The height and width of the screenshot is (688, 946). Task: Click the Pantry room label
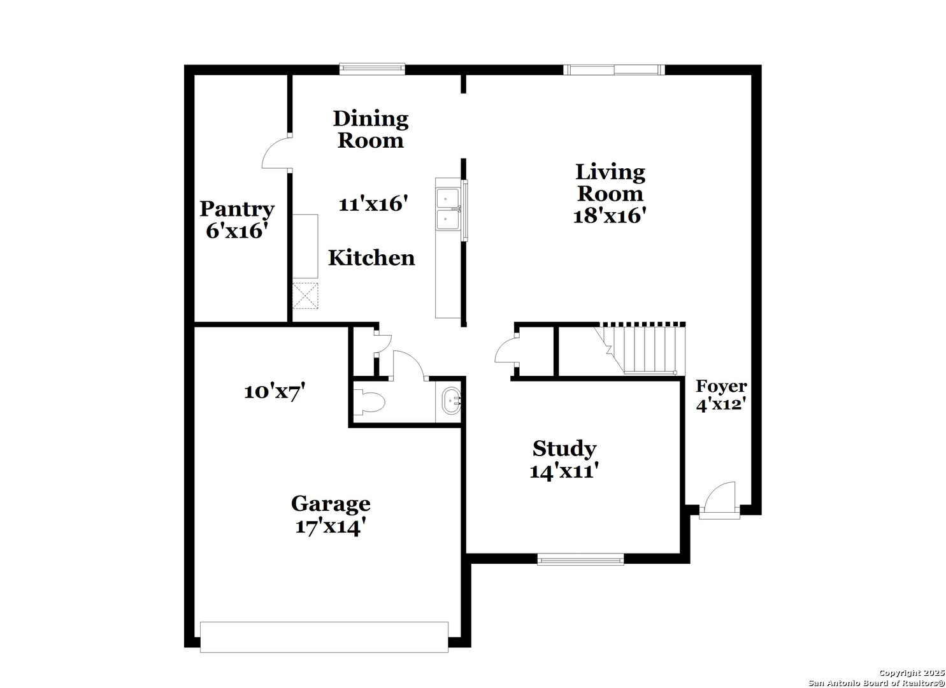pos(237,209)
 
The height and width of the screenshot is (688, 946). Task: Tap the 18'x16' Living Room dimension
pos(610,216)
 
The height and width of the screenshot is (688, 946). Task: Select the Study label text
pos(564,448)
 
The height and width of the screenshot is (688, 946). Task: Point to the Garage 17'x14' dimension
pos(330,527)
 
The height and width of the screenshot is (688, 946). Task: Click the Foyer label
pos(721,386)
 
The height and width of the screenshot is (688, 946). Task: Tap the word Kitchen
pos(371,257)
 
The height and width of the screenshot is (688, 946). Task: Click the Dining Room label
pos(371,129)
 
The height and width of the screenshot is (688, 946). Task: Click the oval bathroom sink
pos(452,401)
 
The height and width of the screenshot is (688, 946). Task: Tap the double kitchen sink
pos(448,209)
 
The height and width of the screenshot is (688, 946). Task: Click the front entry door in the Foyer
pos(720,501)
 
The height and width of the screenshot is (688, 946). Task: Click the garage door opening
pos(324,637)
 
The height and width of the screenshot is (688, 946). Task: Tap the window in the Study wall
pos(580,560)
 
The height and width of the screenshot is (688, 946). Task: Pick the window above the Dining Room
pos(372,69)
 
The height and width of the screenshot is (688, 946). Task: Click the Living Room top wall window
pos(614,69)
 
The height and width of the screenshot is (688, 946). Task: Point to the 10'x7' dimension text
pos(275,392)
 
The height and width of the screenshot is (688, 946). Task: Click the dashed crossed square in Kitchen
pos(305,296)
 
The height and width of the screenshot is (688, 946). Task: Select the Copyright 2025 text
pos(912,673)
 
